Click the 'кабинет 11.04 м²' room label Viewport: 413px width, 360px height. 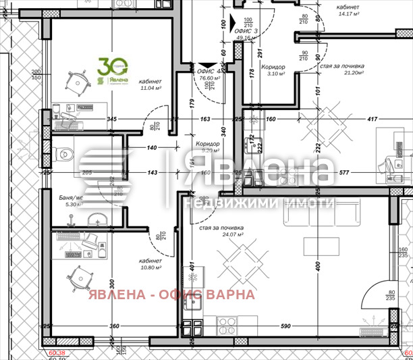150,83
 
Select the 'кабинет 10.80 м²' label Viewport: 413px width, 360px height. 150,264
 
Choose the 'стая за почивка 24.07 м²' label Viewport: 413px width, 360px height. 221,231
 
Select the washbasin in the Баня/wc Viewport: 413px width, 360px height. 97,219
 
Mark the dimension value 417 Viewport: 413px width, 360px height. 371,120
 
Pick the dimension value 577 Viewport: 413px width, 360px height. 344,172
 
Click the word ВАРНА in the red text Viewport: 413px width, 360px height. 232,294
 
